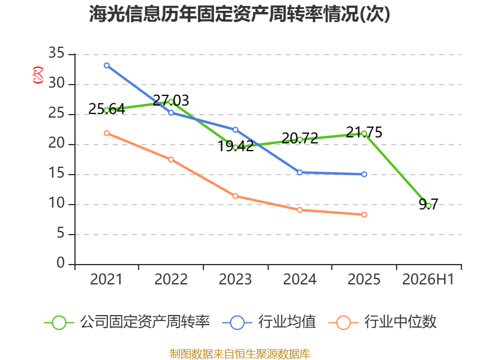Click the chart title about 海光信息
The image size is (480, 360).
pyautogui.click(x=239, y=14)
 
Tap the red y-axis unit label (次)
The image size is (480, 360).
pyautogui.click(x=38, y=75)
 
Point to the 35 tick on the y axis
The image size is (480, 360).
pyautogui.click(x=56, y=53)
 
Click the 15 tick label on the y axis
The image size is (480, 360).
pyautogui.click(x=56, y=173)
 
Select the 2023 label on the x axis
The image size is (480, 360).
pyautogui.click(x=235, y=279)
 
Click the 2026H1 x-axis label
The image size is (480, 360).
pyautogui.click(x=428, y=279)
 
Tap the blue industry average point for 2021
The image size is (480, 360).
pyautogui.click(x=107, y=65)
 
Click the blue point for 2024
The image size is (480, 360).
pyautogui.click(x=299, y=172)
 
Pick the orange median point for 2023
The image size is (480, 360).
pyautogui.click(x=235, y=196)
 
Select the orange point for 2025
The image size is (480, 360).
pyautogui.click(x=364, y=215)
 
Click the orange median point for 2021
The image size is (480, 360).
pyautogui.click(x=107, y=133)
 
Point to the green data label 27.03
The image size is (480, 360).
pyautogui.click(x=171, y=100)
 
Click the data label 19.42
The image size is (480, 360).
pyautogui.click(x=235, y=146)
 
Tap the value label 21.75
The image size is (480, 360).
pyautogui.click(x=364, y=132)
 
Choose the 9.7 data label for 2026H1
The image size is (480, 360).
pyautogui.click(x=428, y=204)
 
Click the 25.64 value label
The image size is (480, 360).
pyautogui.click(x=107, y=109)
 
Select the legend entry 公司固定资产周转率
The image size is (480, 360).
pyautogui.click(x=127, y=322)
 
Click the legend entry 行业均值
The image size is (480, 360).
pyautogui.click(x=269, y=322)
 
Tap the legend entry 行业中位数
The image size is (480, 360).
pyautogui.click(x=382, y=322)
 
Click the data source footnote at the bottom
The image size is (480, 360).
pyautogui.click(x=239, y=354)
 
